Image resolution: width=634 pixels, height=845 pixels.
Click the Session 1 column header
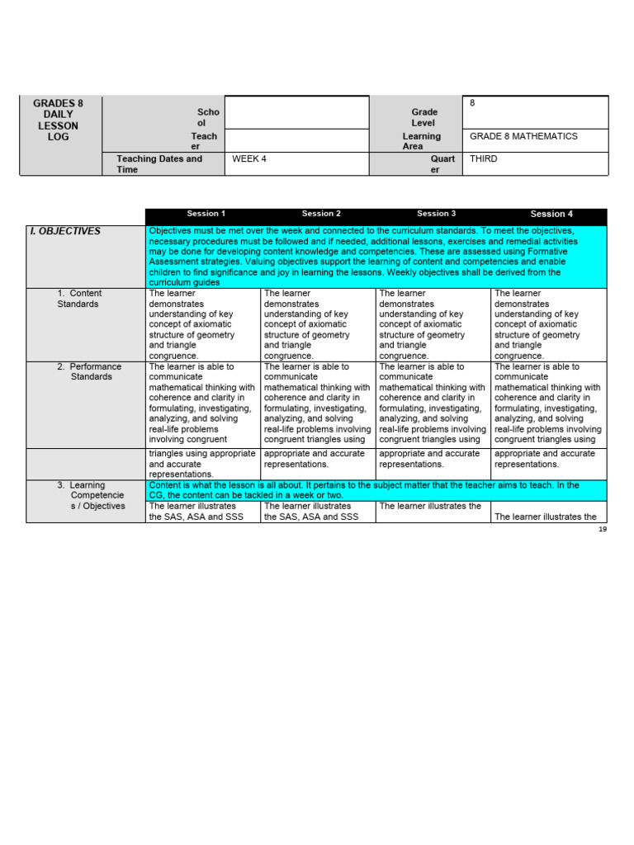click(206, 214)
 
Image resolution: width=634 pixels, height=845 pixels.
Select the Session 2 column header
click(321, 214)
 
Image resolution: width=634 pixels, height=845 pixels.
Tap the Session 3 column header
click(436, 214)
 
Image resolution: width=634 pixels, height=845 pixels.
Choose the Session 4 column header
click(551, 214)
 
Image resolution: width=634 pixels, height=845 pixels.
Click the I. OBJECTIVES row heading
click(65, 231)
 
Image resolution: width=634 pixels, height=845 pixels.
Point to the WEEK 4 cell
click(249, 158)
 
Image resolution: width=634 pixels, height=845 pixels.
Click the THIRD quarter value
click(484, 158)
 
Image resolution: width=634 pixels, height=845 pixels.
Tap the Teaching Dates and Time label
click(159, 163)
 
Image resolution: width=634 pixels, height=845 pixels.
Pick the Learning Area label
click(421, 141)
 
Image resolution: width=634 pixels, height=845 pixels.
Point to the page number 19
click(603, 529)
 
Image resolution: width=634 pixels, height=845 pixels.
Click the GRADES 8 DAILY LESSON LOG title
click(58, 120)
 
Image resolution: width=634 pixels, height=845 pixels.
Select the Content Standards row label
click(79, 299)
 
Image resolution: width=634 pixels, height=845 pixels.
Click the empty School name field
click(296, 112)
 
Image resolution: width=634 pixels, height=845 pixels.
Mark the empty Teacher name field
click(296, 140)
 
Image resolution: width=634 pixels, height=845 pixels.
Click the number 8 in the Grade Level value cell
click(472, 102)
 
